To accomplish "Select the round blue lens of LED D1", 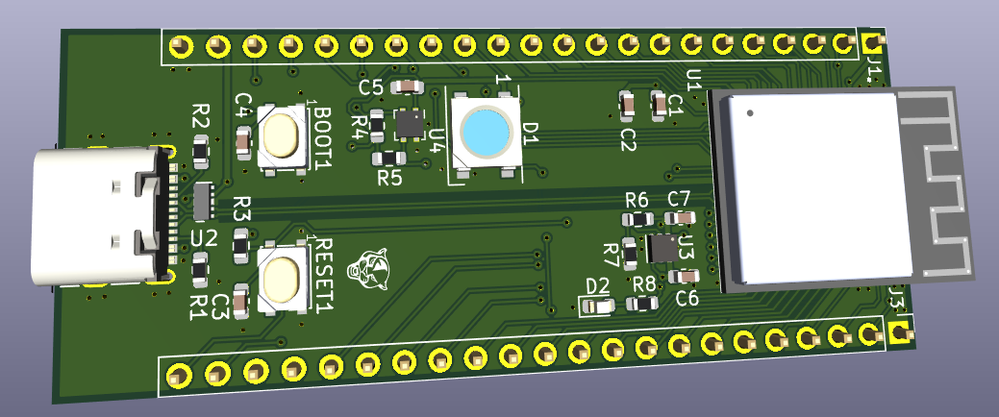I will pos(486,132).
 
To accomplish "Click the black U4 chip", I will pos(409,123).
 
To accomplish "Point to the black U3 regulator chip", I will pos(662,248).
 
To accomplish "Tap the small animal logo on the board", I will pos(369,271).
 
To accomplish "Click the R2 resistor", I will pos(201,151).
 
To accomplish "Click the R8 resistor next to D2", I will pos(641,304).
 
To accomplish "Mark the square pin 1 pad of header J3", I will pos(899,333).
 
